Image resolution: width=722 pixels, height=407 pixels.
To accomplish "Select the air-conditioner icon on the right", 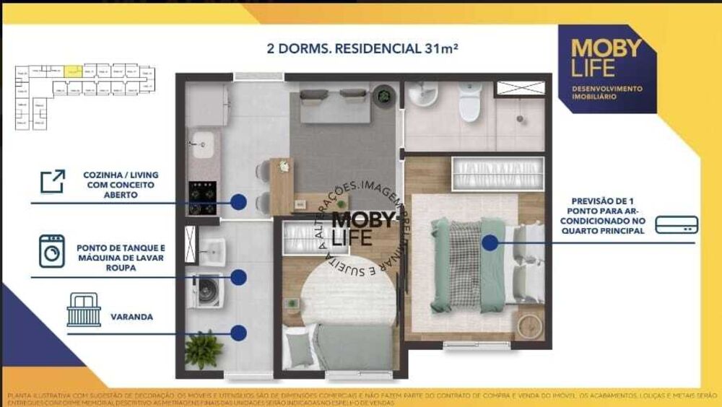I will tap(677, 225).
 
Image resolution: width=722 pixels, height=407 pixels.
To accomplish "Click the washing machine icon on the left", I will tap(52, 251).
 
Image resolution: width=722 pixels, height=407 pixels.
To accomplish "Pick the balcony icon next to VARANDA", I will tap(84, 310).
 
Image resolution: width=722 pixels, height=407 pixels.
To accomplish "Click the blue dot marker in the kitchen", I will tap(238, 202).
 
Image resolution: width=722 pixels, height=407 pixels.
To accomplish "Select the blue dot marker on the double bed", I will tap(490, 243).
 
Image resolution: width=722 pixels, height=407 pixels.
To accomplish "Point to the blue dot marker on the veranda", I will tap(238, 333).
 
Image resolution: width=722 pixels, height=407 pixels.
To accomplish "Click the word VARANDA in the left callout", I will tap(131, 317).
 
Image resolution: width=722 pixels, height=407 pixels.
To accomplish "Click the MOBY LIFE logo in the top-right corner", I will tap(606, 68).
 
